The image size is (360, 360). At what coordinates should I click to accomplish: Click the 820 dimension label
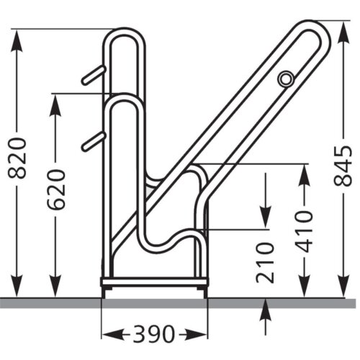(19, 158)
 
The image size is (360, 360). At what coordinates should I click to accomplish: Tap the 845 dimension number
(343, 166)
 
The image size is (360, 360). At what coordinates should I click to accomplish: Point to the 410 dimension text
(305, 231)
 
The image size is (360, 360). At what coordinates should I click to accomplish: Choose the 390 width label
(153, 333)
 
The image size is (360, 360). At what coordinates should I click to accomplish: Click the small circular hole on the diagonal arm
(286, 78)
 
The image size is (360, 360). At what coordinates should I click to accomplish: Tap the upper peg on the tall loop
(93, 75)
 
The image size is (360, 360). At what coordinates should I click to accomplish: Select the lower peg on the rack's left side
(93, 142)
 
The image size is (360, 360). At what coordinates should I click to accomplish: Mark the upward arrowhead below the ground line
(266, 308)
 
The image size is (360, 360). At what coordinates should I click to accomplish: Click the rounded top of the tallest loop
(123, 32)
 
